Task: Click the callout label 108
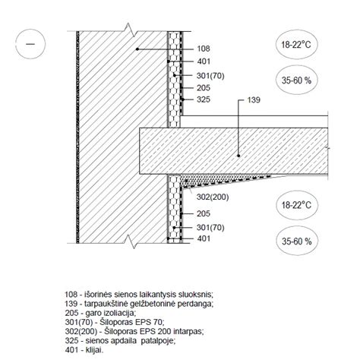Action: click(x=204, y=49)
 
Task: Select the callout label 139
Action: click(x=254, y=100)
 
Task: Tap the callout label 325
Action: click(x=204, y=99)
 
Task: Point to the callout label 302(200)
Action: click(x=213, y=197)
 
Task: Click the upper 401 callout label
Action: click(x=204, y=62)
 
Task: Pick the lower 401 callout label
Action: click(x=204, y=238)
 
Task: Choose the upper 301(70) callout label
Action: click(x=210, y=75)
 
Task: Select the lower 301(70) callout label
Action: click(x=210, y=227)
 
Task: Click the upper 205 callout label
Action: click(x=204, y=88)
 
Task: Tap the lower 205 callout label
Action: click(x=204, y=213)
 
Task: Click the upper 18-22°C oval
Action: click(x=296, y=45)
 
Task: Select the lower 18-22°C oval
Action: click(x=296, y=205)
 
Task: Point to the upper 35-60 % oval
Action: click(x=296, y=80)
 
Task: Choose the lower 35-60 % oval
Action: click(x=296, y=241)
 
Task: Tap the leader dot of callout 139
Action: click(x=238, y=156)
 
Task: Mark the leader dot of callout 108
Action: click(x=137, y=49)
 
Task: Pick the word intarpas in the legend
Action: click(x=188, y=331)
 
